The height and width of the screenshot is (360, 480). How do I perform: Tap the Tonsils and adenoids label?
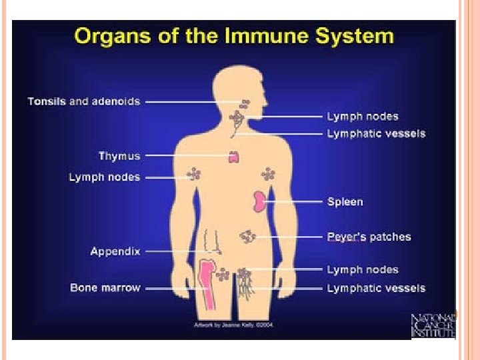point(84,101)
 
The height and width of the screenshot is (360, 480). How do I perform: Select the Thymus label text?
point(119,156)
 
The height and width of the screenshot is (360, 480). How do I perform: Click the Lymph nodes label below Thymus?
point(105,177)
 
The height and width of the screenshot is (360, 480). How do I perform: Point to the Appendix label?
point(115,251)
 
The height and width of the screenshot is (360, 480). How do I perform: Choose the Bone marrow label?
point(105,288)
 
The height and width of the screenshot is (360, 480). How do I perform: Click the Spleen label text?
point(345,201)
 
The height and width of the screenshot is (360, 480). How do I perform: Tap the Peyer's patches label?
point(369,237)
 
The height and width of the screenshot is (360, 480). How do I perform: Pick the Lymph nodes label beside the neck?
point(362,117)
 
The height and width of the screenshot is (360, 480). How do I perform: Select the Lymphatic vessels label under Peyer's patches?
point(375,288)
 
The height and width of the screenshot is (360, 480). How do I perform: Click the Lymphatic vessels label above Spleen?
point(375,134)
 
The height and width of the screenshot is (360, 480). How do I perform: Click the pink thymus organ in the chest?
point(234,157)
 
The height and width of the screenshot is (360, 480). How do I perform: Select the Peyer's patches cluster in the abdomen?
point(248,236)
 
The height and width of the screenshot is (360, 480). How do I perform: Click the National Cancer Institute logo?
point(433,325)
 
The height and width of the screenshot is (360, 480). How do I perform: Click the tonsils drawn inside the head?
point(245,103)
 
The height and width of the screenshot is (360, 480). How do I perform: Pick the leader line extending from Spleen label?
point(297,201)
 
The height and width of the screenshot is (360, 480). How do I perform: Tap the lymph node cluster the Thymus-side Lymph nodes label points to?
point(194,175)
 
